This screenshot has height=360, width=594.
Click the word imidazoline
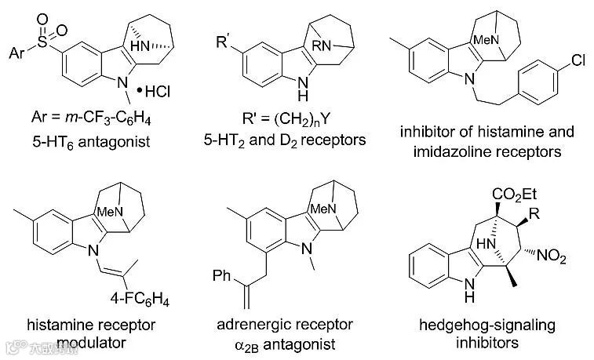click(x=443, y=151)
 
